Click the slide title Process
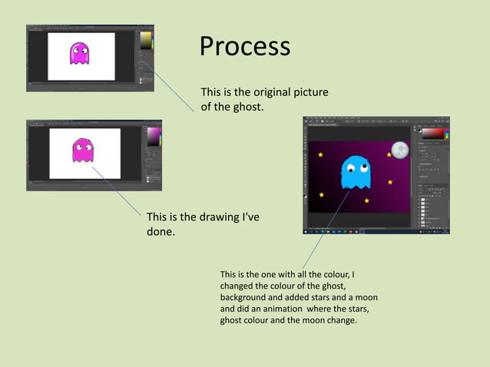click(x=245, y=47)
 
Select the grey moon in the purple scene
click(x=399, y=150)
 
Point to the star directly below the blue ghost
click(x=366, y=201)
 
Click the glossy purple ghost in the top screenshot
click(x=79, y=53)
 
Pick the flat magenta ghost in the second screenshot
click(x=82, y=150)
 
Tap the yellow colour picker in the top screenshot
click(x=144, y=40)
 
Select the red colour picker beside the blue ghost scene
click(x=430, y=133)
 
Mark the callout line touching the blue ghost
click(x=323, y=230)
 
